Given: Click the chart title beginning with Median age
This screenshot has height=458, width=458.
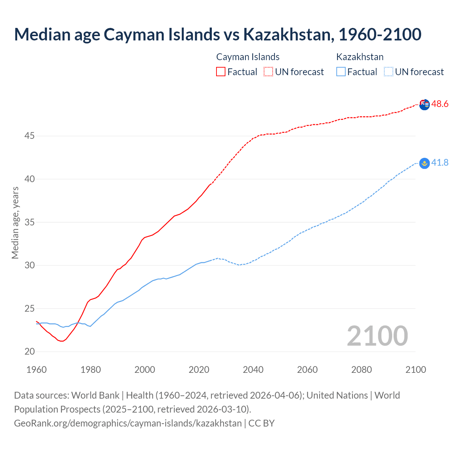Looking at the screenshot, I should coord(218,34).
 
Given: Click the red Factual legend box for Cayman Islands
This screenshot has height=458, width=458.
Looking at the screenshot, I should coord(221,72).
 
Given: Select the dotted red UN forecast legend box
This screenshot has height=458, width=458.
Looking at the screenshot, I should coord(268,72).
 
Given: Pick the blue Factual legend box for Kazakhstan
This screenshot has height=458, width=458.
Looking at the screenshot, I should coord(341,72).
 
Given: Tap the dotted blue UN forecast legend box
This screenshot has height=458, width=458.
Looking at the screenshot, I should coord(389,72).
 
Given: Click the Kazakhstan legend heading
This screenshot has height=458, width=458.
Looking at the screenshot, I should coord(360,57).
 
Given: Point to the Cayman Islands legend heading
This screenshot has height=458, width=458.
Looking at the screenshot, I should coord(248,57).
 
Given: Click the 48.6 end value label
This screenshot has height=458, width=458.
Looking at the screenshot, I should coord(440,104).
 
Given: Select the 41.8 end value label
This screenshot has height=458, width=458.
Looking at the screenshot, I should coord(440,163).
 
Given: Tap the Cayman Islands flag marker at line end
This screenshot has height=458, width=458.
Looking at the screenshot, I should coord(424,105).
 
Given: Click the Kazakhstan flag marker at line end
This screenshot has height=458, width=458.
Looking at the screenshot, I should coord(424,164).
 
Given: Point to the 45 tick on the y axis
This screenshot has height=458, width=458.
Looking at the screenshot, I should coord(30,136).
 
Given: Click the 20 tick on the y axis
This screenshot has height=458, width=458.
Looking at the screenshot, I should coord(30,352).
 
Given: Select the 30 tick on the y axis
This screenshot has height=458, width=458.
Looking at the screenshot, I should coord(30,265).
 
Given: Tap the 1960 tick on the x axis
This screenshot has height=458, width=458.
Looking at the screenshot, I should coord(36,370).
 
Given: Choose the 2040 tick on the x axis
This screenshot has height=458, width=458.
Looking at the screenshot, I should coord(253,370).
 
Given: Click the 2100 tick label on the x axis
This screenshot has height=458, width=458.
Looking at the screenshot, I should coord(415,370).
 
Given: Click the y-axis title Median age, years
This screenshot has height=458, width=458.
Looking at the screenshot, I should coord(15,223).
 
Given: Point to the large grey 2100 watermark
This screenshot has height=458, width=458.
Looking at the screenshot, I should coord(377,336).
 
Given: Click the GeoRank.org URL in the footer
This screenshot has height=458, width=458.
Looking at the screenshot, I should coord(128,423).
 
